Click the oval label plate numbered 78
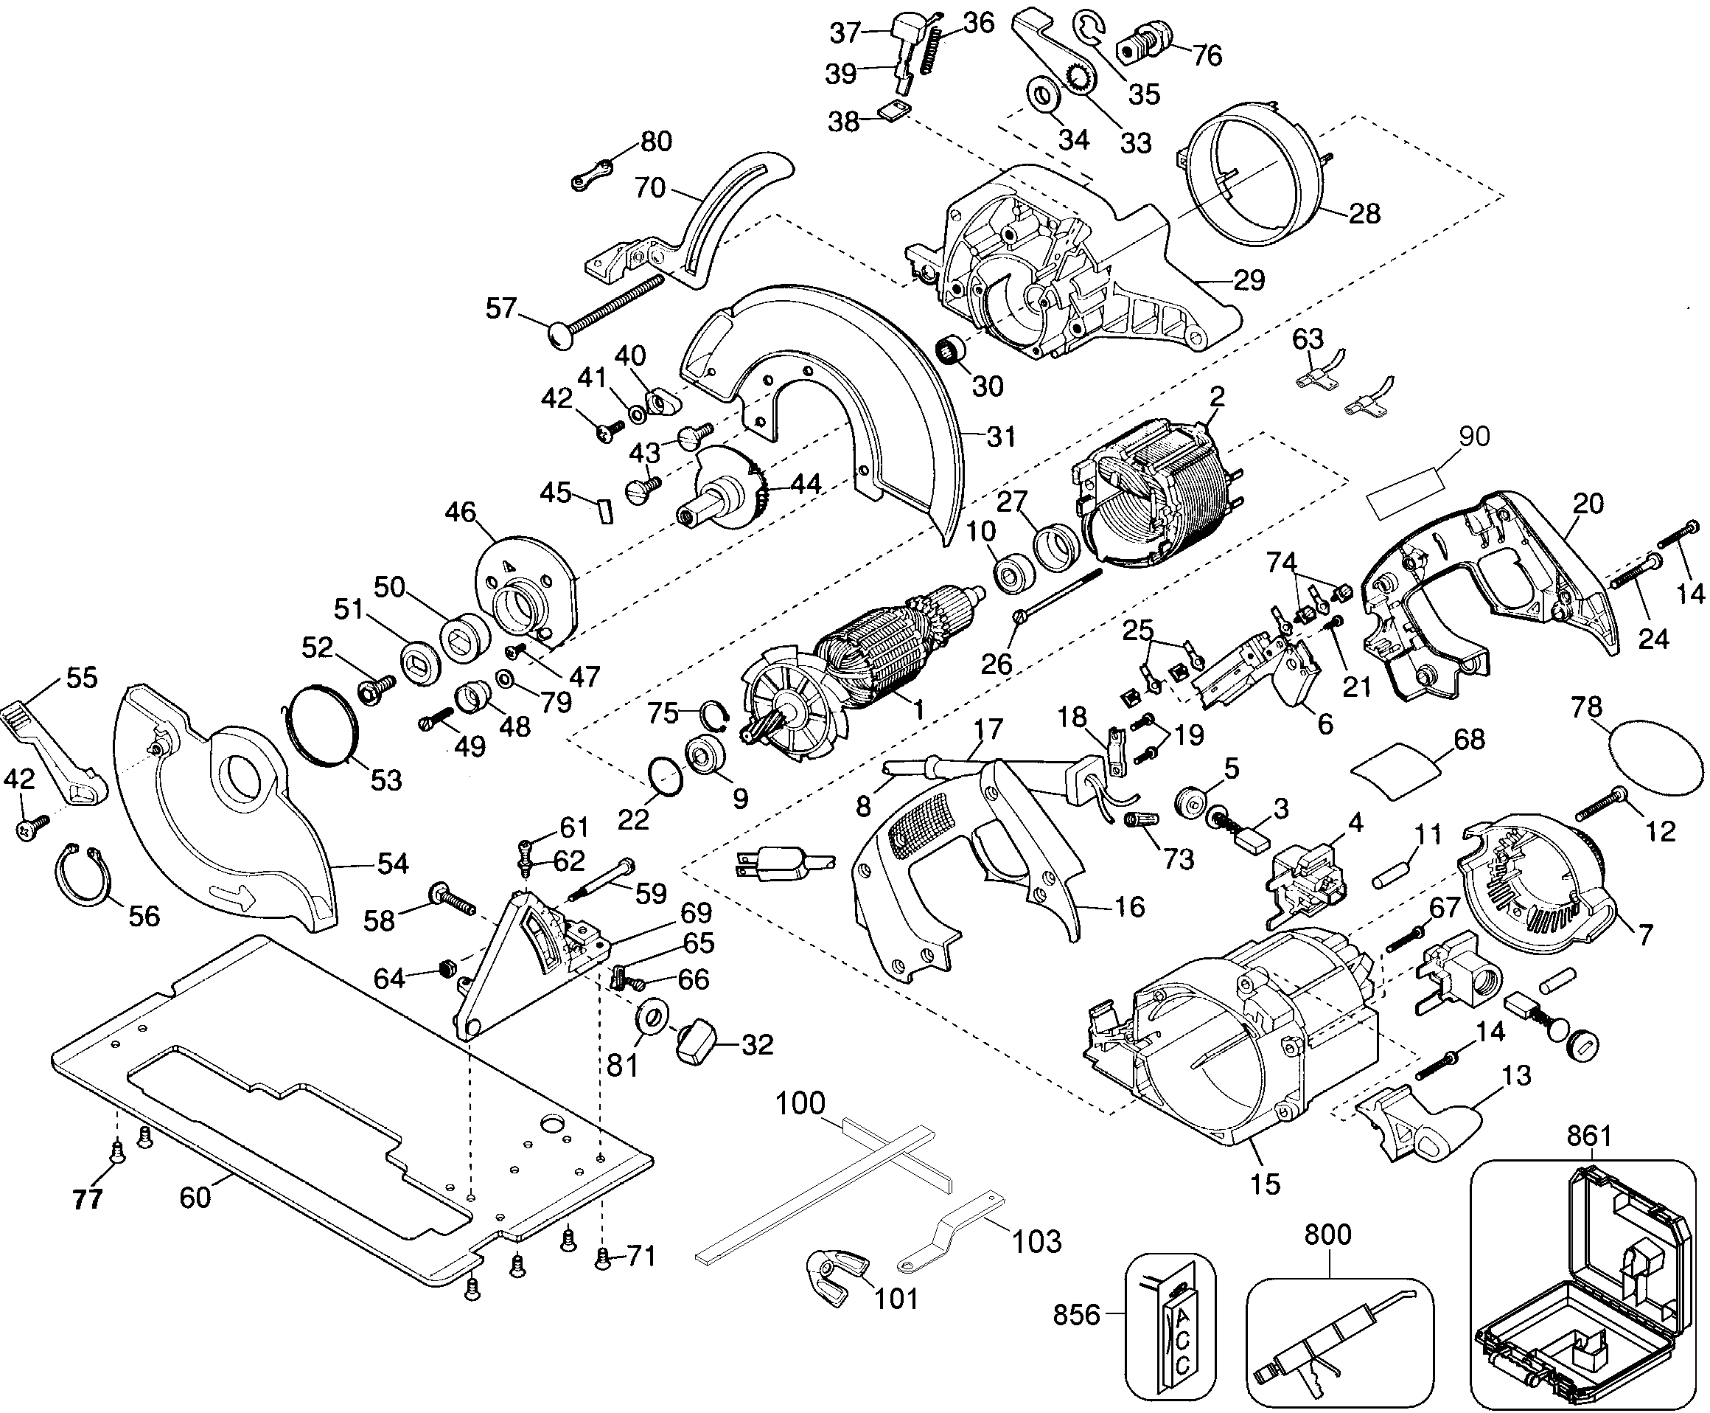pos(1656,754)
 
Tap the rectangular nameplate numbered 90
pos(1405,494)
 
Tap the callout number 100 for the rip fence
pos(800,1104)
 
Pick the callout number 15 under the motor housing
pos(1265,1184)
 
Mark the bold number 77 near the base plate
pos(88,1199)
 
